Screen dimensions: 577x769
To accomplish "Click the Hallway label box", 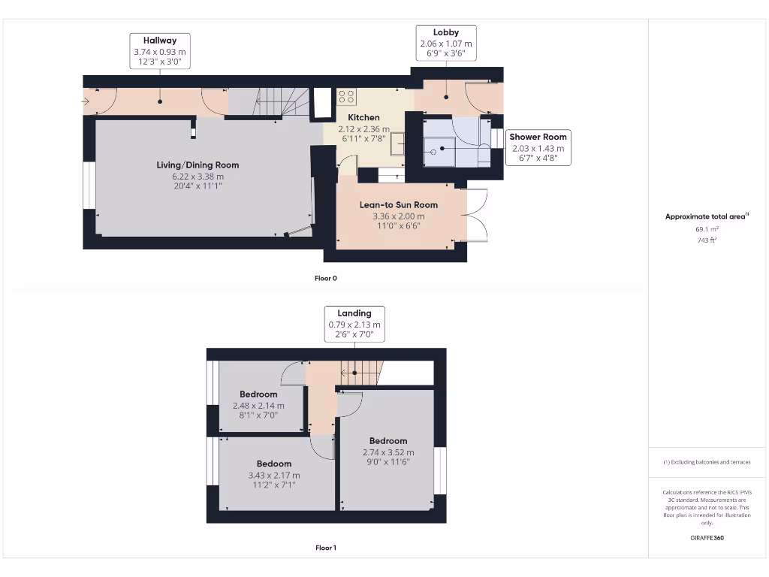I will (x=159, y=51).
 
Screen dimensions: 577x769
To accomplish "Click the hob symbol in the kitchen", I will (x=347, y=96).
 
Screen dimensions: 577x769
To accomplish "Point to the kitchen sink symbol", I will (x=397, y=143).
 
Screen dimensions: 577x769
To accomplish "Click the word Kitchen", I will (x=363, y=117).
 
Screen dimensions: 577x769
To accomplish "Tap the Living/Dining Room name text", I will (x=198, y=165).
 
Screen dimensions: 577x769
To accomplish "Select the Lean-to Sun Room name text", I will (x=399, y=205).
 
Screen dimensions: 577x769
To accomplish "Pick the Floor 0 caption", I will (x=325, y=278).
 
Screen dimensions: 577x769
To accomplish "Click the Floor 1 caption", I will (x=325, y=548).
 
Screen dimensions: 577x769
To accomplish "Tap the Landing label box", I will (x=354, y=324).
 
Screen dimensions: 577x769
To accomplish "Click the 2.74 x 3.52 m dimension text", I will (x=388, y=452).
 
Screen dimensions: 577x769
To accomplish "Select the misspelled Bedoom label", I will (x=273, y=464).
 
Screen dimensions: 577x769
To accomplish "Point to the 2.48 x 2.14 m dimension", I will (x=258, y=406).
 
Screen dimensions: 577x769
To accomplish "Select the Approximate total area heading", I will (x=706, y=216).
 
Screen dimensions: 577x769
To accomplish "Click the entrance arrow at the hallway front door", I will (x=86, y=101).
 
